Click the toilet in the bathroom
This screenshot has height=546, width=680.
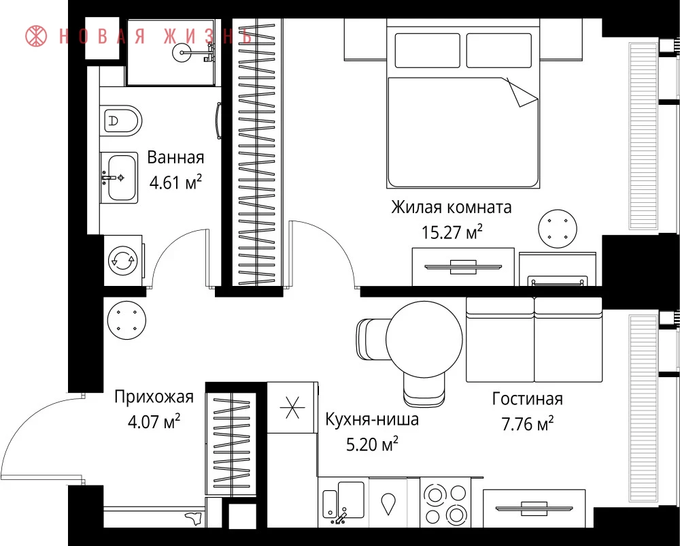click(122, 121)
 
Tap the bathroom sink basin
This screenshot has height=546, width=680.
click(122, 178)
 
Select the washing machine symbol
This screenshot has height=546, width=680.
click(122, 261)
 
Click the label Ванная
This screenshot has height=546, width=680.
click(175, 157)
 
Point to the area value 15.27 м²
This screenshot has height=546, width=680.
click(452, 232)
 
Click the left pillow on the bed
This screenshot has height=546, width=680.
click(427, 50)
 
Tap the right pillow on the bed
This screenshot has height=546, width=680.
click(498, 50)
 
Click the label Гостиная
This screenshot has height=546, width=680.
click(528, 398)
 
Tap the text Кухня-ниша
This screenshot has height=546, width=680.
click(372, 419)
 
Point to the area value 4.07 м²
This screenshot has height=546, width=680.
click(154, 421)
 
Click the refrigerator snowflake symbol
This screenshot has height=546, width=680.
click(292, 407)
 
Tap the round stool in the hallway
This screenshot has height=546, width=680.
click(126, 320)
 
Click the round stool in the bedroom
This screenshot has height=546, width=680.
click(558, 229)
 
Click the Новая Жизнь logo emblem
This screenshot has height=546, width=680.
click(36, 36)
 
